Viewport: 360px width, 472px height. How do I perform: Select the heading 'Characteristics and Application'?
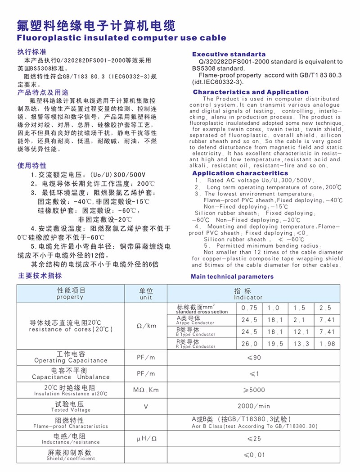251,92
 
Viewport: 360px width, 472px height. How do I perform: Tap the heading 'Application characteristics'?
240,173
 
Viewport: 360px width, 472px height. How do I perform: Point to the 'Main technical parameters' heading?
232,277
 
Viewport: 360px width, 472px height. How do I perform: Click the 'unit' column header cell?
146,294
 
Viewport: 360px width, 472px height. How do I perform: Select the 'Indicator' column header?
248,294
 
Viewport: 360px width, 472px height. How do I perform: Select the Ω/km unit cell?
146,326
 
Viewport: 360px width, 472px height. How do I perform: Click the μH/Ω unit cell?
146,439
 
